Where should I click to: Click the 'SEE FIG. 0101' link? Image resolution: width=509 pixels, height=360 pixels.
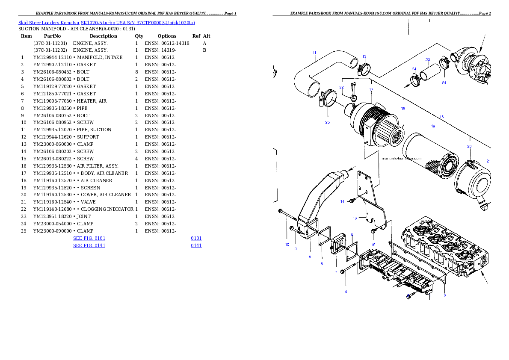coord(89,238)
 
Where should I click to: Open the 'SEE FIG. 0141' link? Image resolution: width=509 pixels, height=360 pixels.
coord(89,245)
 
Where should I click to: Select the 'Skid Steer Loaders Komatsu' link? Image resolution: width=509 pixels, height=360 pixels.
coord(49,23)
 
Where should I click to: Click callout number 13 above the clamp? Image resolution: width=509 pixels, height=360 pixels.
coord(364,56)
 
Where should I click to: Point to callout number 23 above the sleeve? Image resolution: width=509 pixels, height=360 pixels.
coord(427,60)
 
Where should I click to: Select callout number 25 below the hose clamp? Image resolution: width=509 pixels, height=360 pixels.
coord(327,122)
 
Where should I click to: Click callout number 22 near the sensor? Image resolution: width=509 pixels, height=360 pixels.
coord(341,87)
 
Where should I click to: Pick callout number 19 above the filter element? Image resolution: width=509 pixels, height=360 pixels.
coord(433,126)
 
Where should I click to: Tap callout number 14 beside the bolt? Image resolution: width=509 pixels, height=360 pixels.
coord(342,201)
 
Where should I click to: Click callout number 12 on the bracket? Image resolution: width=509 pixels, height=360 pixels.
coord(355,219)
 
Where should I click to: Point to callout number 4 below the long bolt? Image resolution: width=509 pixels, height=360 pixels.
coord(346,292)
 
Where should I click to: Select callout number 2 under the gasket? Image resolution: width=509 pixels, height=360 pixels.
coord(445,296)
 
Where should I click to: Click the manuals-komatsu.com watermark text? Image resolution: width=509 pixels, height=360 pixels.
coord(401,157)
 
